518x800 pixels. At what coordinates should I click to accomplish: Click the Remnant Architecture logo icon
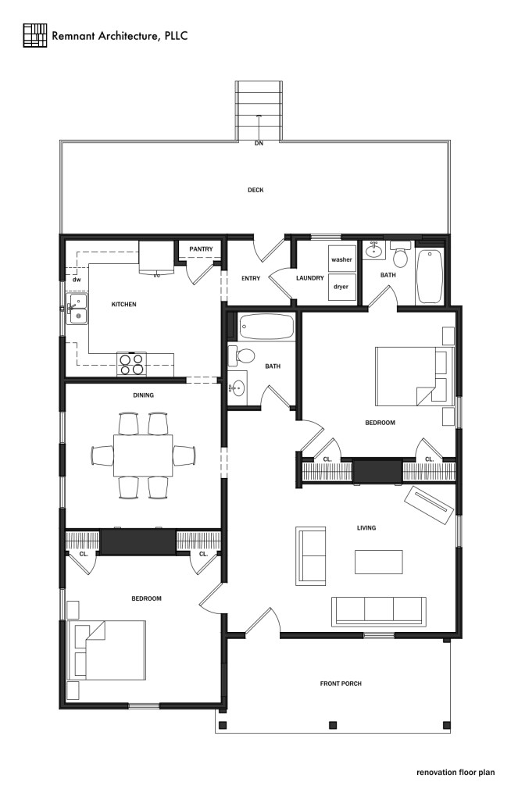tap(35, 35)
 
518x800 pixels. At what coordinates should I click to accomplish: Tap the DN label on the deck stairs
tap(258, 144)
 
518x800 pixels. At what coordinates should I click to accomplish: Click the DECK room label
tap(255, 190)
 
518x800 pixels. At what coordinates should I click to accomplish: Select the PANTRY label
tap(201, 249)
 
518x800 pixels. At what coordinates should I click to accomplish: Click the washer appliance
tap(342, 259)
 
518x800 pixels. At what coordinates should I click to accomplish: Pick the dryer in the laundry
tap(341, 287)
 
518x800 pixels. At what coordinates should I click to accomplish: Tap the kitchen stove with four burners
tap(132, 363)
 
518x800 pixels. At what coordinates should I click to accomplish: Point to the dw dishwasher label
tap(77, 279)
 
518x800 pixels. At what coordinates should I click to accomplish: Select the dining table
tap(143, 455)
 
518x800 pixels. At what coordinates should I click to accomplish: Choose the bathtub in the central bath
tap(266, 327)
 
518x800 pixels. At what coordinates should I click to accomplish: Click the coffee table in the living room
tap(379, 562)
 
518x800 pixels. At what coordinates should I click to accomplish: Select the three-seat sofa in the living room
tap(378, 611)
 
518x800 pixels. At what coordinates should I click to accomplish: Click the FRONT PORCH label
tap(340, 684)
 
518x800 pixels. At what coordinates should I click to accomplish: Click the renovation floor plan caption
tap(455, 772)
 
